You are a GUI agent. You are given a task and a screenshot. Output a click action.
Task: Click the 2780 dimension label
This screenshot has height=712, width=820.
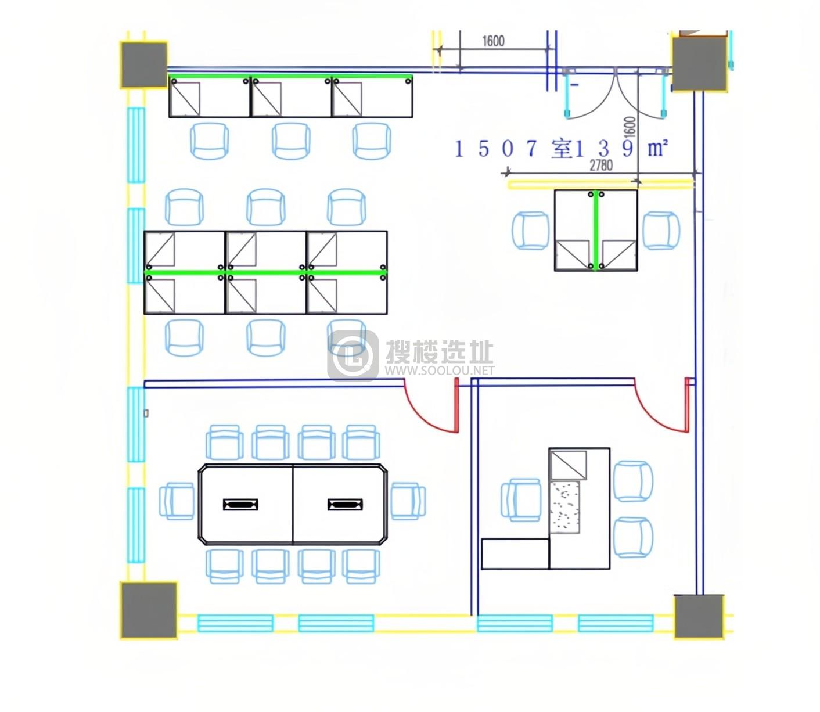pyautogui.click(x=601, y=165)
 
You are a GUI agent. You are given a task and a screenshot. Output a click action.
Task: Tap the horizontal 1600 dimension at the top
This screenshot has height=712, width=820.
pyautogui.click(x=494, y=41)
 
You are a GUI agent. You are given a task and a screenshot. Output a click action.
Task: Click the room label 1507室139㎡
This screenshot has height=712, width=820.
pyautogui.click(x=561, y=148)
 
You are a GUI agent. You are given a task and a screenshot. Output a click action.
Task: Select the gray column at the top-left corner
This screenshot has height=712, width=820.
pyautogui.click(x=144, y=65)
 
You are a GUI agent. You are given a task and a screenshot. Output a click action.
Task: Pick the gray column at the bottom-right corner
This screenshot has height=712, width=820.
pyautogui.click(x=699, y=616)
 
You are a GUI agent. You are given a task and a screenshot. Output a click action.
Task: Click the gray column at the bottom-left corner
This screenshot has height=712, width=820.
pyautogui.click(x=149, y=610)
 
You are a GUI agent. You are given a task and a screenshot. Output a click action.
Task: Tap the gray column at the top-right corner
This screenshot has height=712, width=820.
pyautogui.click(x=699, y=64)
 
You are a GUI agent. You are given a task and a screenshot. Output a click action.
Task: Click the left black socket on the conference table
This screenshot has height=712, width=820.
pyautogui.click(x=240, y=505)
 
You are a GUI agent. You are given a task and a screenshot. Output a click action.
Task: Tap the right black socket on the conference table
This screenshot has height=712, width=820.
pyautogui.click(x=345, y=505)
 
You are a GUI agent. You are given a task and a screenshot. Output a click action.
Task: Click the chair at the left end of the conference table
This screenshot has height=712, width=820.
pyautogui.click(x=177, y=501)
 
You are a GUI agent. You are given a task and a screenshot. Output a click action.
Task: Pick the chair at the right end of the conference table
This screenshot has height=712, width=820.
pyautogui.click(x=408, y=501)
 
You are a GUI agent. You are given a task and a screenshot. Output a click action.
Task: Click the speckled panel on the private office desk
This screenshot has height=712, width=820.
pyautogui.click(x=564, y=506)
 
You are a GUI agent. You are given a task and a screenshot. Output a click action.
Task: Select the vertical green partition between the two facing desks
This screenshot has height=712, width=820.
pyautogui.click(x=596, y=231)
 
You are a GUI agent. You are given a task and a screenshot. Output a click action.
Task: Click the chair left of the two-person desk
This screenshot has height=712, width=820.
pyautogui.click(x=531, y=231)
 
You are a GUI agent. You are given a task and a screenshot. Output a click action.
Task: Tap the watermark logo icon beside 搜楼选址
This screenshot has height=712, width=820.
pyautogui.click(x=353, y=355)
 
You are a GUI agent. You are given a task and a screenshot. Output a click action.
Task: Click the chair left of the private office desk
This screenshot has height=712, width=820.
pyautogui.click(x=520, y=499)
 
